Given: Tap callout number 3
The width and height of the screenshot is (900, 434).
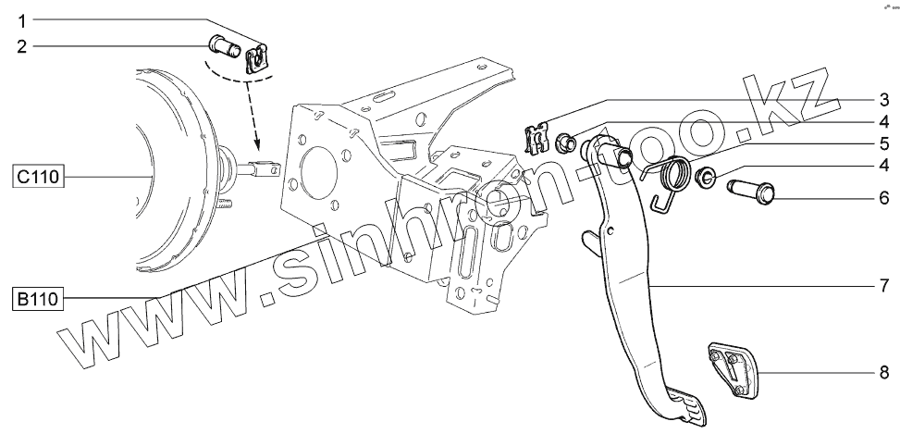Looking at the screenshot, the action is click(883, 98).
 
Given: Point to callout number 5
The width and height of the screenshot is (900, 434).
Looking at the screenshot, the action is click(883, 143).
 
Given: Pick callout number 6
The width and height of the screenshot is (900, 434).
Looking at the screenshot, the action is click(883, 197).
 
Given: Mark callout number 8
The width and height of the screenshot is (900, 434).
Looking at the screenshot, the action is click(883, 372).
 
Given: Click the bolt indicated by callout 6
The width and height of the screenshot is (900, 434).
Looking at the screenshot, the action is click(754, 192).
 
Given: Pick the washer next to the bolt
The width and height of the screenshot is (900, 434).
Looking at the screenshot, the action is click(704, 175).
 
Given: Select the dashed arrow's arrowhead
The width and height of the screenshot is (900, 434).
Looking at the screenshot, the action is click(256, 146).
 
